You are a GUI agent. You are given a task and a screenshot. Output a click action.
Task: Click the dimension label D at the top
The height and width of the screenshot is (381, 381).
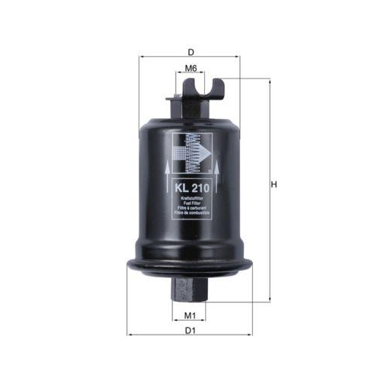tap(190, 52)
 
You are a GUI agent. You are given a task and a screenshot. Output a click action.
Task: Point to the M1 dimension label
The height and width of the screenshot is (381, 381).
tap(190, 315)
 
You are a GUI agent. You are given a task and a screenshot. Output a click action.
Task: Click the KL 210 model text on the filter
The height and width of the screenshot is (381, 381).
tap(190, 187)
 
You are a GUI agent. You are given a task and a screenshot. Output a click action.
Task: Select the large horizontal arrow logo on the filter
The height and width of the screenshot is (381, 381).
tap(191, 152)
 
